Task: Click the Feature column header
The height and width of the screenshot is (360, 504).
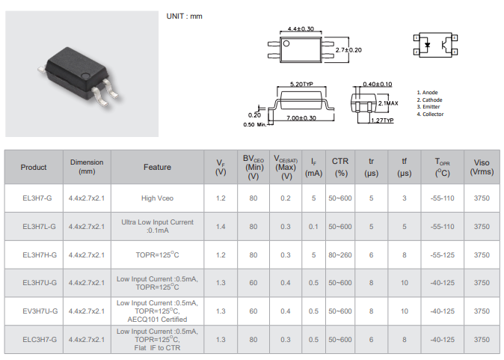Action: point(157,167)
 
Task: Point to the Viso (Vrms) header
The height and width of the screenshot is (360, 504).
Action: point(482,167)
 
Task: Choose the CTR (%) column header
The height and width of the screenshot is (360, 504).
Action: point(340,167)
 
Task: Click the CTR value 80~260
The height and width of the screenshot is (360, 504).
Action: point(340,254)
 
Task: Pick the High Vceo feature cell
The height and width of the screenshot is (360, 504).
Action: point(157,198)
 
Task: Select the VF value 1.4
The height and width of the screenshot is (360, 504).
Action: point(221,226)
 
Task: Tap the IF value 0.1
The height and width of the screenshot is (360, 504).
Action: point(313,226)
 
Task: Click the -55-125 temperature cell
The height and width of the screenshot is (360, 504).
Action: point(443,254)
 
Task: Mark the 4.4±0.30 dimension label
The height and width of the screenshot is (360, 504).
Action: point(302,29)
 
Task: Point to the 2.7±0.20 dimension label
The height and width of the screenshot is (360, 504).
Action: point(348,49)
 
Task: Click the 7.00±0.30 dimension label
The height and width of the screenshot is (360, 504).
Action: point(301,118)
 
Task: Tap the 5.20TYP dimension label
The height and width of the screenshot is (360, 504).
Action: point(301,85)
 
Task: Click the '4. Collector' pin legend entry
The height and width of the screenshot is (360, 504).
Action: point(431,115)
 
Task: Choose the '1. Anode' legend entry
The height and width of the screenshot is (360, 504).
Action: point(428,93)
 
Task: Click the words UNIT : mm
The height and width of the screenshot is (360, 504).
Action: point(184,16)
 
